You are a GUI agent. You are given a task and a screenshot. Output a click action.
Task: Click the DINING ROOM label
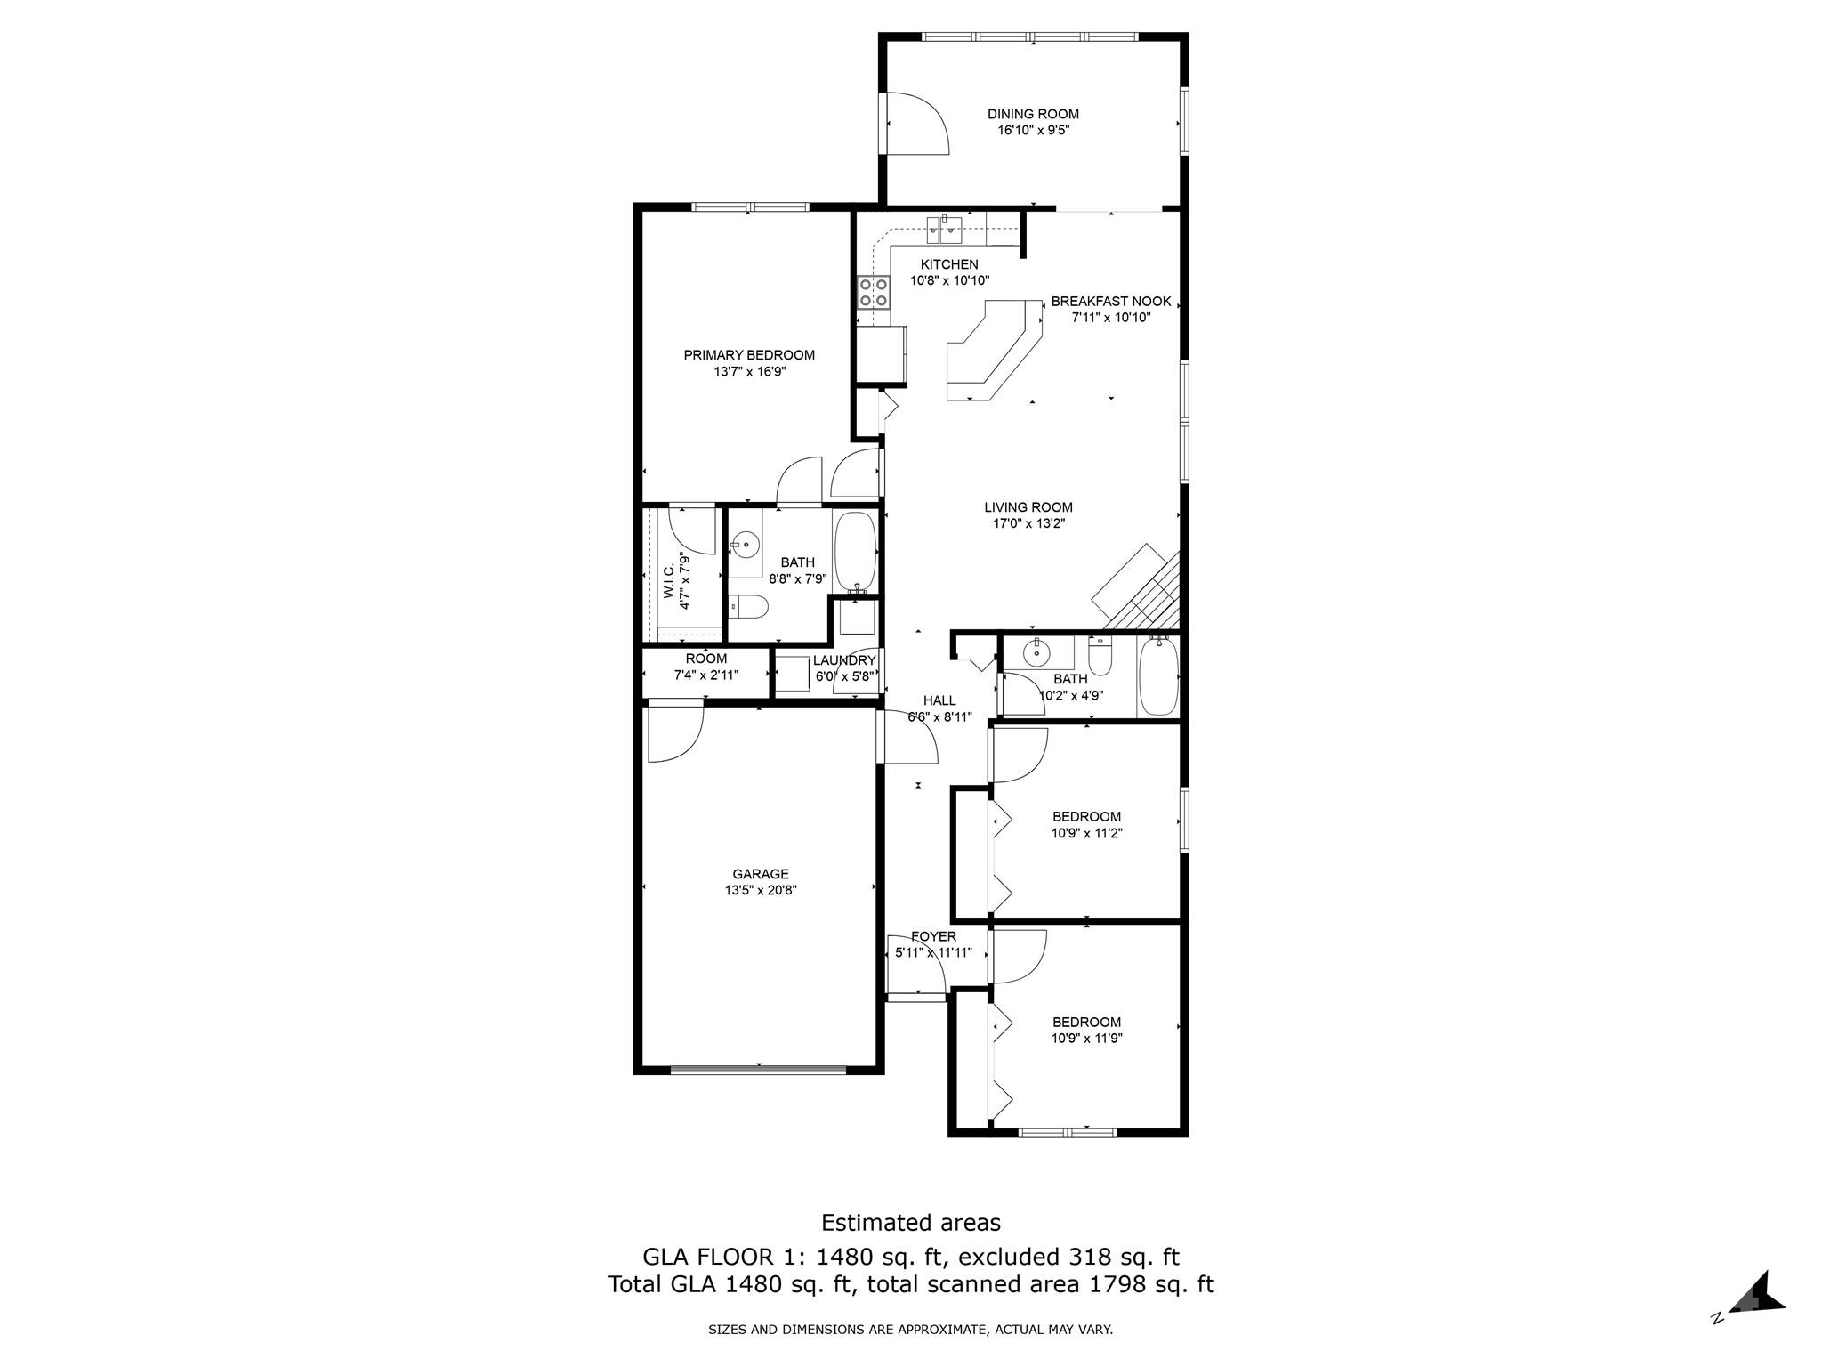(x=1033, y=114)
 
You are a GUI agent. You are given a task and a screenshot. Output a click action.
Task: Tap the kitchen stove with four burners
(x=873, y=292)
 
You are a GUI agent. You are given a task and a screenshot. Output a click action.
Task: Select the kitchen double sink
(x=942, y=230)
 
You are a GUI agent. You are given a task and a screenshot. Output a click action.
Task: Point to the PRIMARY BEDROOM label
(x=749, y=355)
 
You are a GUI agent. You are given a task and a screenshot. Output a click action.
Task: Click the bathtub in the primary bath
(x=856, y=552)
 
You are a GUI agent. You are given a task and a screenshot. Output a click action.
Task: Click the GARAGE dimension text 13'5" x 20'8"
(x=760, y=890)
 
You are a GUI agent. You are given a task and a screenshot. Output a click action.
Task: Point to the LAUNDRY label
(x=844, y=660)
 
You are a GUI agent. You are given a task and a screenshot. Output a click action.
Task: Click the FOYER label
(x=933, y=936)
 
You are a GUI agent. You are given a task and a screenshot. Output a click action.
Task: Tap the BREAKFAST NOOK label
(x=1111, y=302)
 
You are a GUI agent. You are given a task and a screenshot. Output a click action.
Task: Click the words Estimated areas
(x=910, y=1222)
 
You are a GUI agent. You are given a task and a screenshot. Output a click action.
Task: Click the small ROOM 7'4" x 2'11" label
(x=705, y=659)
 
